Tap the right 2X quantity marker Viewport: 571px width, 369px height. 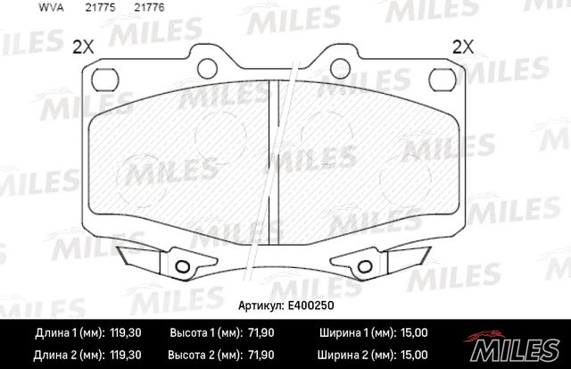(464, 48)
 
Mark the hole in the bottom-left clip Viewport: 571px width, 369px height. (184, 266)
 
